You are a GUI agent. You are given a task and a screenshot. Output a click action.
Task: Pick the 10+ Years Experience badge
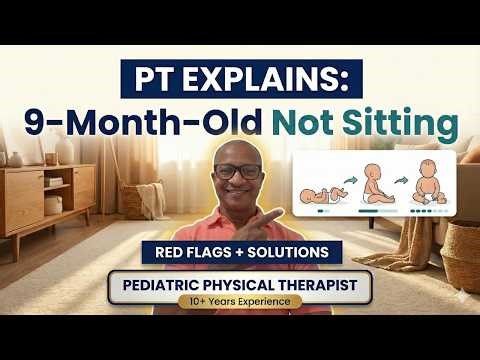click(240, 301)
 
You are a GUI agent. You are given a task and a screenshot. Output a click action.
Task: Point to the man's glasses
click(237, 172)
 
